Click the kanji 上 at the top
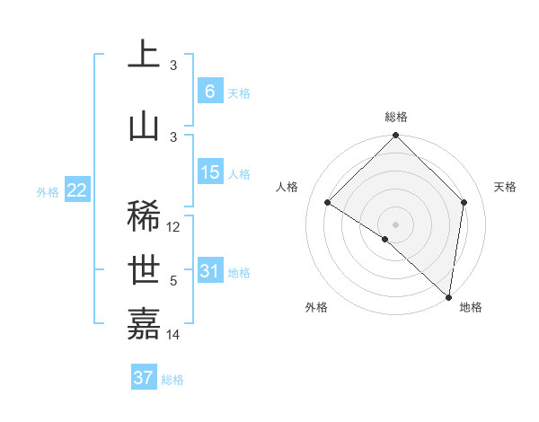coord(144,56)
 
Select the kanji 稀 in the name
coord(144,216)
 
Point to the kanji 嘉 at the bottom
coord(144,323)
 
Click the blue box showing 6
coord(209,91)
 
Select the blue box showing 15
coord(209,172)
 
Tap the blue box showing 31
coord(209,271)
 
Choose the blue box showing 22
coord(76,190)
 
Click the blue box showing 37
coord(144,378)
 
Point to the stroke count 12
coord(174,227)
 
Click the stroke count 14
coord(174,335)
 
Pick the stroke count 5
coord(173,281)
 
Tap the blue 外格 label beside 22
coord(48,191)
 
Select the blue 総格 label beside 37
coord(172,380)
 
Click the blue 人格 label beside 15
coord(239,174)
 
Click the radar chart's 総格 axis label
coord(396,117)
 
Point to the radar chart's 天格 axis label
coord(506,187)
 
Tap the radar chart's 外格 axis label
coord(316,308)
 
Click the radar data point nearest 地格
coord(448,296)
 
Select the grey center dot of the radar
coord(395,224)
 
